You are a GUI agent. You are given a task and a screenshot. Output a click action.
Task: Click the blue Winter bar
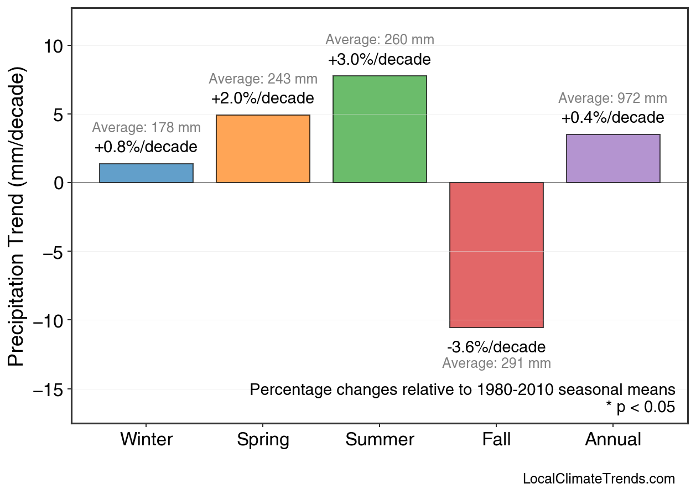[x=146, y=173]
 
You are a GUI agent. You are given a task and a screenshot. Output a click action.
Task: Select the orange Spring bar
[x=263, y=149]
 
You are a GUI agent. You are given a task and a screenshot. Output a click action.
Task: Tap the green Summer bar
[x=380, y=129]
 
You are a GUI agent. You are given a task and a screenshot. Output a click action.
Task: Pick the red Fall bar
[x=496, y=255]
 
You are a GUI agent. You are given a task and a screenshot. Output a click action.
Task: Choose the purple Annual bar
[x=613, y=158]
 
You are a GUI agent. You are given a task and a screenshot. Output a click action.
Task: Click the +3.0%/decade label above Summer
[x=380, y=59]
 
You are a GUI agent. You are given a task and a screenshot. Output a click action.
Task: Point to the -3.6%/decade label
[x=496, y=347]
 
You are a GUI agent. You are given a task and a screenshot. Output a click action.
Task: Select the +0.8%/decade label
[x=146, y=147]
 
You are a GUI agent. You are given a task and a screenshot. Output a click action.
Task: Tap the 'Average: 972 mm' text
[x=612, y=98]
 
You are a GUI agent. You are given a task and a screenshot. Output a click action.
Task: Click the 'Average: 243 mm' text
[x=263, y=79]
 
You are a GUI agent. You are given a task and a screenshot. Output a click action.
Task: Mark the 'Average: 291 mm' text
[x=496, y=363]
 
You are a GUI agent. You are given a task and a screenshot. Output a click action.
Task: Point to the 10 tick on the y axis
[x=54, y=46]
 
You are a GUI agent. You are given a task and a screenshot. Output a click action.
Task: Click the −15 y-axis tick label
[x=49, y=389]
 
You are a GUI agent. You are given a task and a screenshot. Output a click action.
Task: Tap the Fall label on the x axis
[x=496, y=440]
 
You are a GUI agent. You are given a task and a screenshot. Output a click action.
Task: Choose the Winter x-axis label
[x=146, y=440]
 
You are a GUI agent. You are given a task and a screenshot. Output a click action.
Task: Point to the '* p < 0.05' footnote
[x=640, y=407]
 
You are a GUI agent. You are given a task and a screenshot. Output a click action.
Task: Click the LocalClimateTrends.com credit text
[x=599, y=479]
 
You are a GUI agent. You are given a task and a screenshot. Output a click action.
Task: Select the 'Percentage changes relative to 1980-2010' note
[x=463, y=389]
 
